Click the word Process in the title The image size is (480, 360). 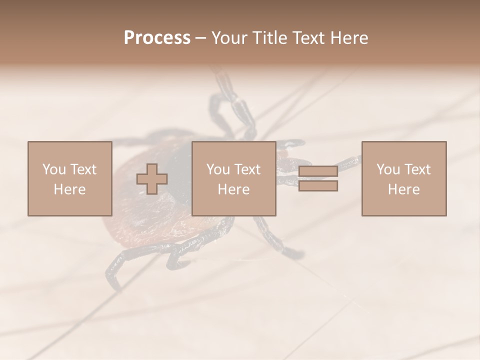(x=157, y=38)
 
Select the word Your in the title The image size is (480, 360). (x=229, y=38)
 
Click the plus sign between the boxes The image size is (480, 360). (x=152, y=179)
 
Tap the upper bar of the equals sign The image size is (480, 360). (x=318, y=171)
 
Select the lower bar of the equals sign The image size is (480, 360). (x=318, y=186)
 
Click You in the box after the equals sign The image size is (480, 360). (x=388, y=169)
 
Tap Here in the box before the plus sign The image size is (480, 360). (x=69, y=189)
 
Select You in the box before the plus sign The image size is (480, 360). (x=54, y=169)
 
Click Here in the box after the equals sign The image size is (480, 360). (x=403, y=189)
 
